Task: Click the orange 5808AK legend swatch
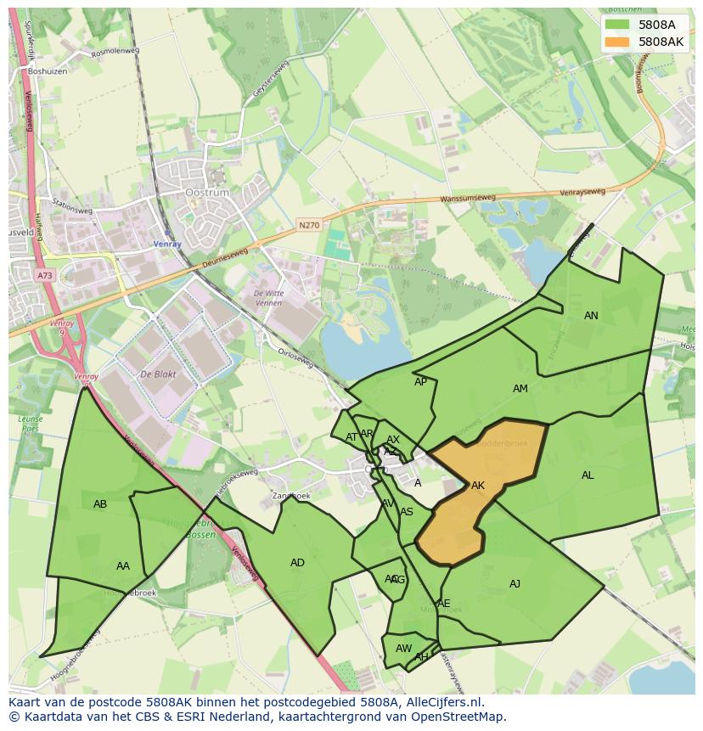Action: click(617, 42)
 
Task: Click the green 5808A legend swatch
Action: click(617, 25)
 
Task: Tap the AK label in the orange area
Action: click(477, 486)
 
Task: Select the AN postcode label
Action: click(591, 316)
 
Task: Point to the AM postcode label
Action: click(520, 389)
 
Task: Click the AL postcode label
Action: click(588, 475)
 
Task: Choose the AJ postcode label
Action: click(515, 584)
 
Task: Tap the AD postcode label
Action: click(297, 563)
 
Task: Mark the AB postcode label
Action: click(100, 504)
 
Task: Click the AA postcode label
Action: click(123, 566)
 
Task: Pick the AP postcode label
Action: click(420, 382)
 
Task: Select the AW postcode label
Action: click(403, 649)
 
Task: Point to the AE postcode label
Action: click(443, 604)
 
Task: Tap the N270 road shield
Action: click(308, 226)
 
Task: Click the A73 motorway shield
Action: click(44, 275)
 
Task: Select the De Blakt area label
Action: click(158, 374)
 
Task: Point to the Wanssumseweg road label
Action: click(467, 200)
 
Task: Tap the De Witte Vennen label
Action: click(268, 297)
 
